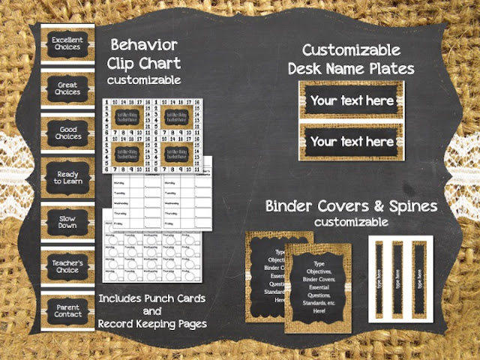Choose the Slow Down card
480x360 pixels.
(67, 222)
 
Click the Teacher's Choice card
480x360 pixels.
(67, 265)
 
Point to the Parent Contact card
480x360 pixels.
(67, 309)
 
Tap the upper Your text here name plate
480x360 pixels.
(352, 100)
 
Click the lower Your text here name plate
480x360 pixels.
(352, 141)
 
